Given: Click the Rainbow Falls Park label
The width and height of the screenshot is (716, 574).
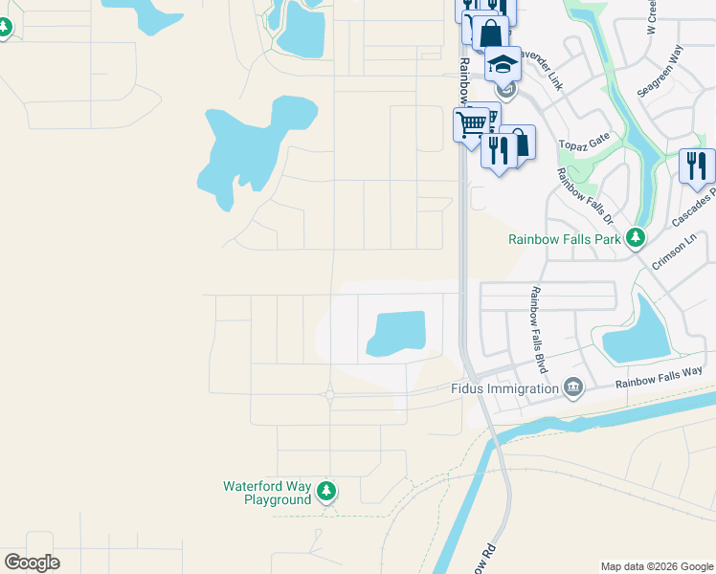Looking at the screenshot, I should click(565, 239).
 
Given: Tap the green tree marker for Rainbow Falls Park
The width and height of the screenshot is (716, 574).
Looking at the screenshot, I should click(634, 237).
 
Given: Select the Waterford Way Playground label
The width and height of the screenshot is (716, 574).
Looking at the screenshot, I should click(267, 493).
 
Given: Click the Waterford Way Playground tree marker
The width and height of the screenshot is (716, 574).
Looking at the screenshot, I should click(327, 492).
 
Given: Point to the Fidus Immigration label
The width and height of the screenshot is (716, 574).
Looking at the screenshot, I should click(504, 388).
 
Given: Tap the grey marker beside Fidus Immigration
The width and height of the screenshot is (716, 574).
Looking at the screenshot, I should click(573, 387).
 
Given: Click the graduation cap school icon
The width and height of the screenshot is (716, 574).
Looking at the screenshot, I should click(503, 64).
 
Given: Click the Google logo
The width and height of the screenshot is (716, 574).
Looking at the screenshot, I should click(32, 562).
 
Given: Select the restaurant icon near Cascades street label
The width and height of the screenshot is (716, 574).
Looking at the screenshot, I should click(696, 166).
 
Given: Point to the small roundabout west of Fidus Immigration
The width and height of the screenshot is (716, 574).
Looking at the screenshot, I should click(329, 394).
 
